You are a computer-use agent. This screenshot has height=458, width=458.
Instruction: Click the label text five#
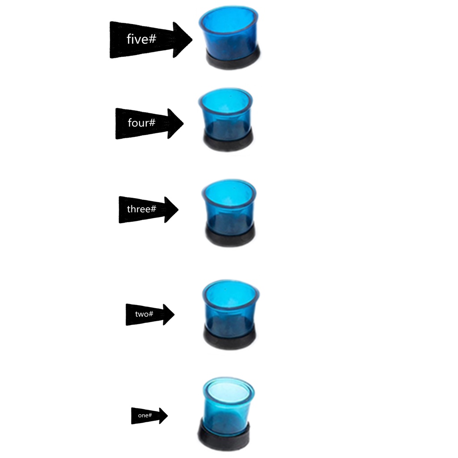click(141, 39)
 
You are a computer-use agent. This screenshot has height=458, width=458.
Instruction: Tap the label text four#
click(141, 122)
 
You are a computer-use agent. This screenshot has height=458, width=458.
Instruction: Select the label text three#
click(141, 208)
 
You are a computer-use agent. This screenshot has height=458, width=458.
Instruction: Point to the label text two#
click(144, 314)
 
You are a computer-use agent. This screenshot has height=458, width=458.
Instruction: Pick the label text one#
click(145, 416)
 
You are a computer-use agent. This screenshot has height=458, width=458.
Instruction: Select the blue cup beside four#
click(226, 114)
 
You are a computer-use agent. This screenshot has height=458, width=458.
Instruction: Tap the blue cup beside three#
click(229, 204)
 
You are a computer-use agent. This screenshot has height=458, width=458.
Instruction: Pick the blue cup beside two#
click(230, 306)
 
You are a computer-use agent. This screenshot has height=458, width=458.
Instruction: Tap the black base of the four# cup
click(228, 142)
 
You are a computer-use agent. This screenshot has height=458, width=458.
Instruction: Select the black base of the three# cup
click(230, 237)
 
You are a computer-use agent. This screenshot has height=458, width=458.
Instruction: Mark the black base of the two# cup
click(231, 340)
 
